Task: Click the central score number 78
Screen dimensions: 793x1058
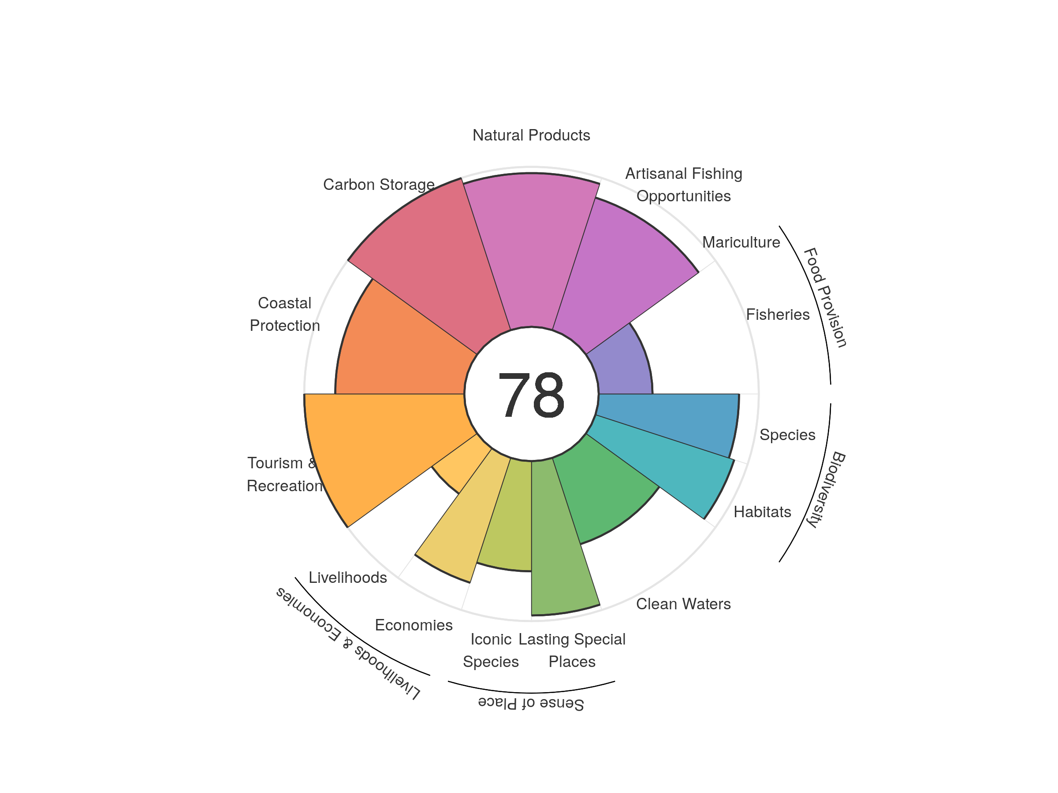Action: coord(531,395)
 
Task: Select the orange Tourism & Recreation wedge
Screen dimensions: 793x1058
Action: coord(383,440)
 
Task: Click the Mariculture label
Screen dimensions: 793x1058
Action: coord(741,242)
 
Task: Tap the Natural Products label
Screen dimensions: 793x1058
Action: coord(531,135)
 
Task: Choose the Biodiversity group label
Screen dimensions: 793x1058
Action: coord(827,489)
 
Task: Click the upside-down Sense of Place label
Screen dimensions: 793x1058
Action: coord(531,703)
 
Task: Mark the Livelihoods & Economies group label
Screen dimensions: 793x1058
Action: coord(348,643)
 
